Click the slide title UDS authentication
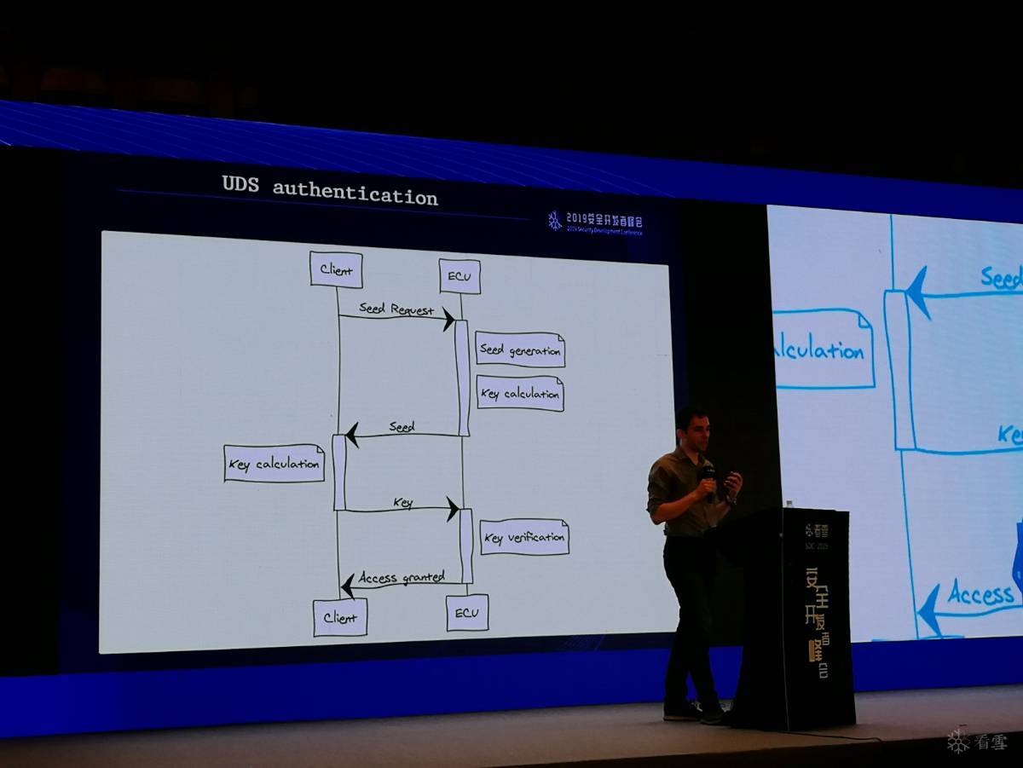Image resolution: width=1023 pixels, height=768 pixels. click(x=330, y=191)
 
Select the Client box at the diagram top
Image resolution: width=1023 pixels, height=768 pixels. click(x=336, y=270)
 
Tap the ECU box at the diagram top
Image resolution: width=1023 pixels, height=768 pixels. click(x=459, y=276)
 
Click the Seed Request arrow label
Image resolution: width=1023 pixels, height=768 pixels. click(x=396, y=309)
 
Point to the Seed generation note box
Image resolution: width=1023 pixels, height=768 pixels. click(x=520, y=349)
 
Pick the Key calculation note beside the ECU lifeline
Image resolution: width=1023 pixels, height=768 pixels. click(x=520, y=393)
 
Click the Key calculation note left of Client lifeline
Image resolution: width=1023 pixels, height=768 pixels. click(x=274, y=464)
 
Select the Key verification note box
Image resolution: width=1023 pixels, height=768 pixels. click(x=524, y=537)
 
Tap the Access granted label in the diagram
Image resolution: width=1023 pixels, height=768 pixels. click(x=402, y=577)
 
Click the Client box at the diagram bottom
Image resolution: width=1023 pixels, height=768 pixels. click(x=340, y=617)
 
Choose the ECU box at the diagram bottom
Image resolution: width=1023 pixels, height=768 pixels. click(x=467, y=613)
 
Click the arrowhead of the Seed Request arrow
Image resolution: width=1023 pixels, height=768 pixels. click(x=448, y=320)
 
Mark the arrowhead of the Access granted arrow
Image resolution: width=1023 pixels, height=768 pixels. click(x=347, y=586)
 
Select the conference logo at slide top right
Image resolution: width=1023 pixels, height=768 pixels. click(x=595, y=222)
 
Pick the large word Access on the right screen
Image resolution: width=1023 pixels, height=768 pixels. click(x=980, y=594)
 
